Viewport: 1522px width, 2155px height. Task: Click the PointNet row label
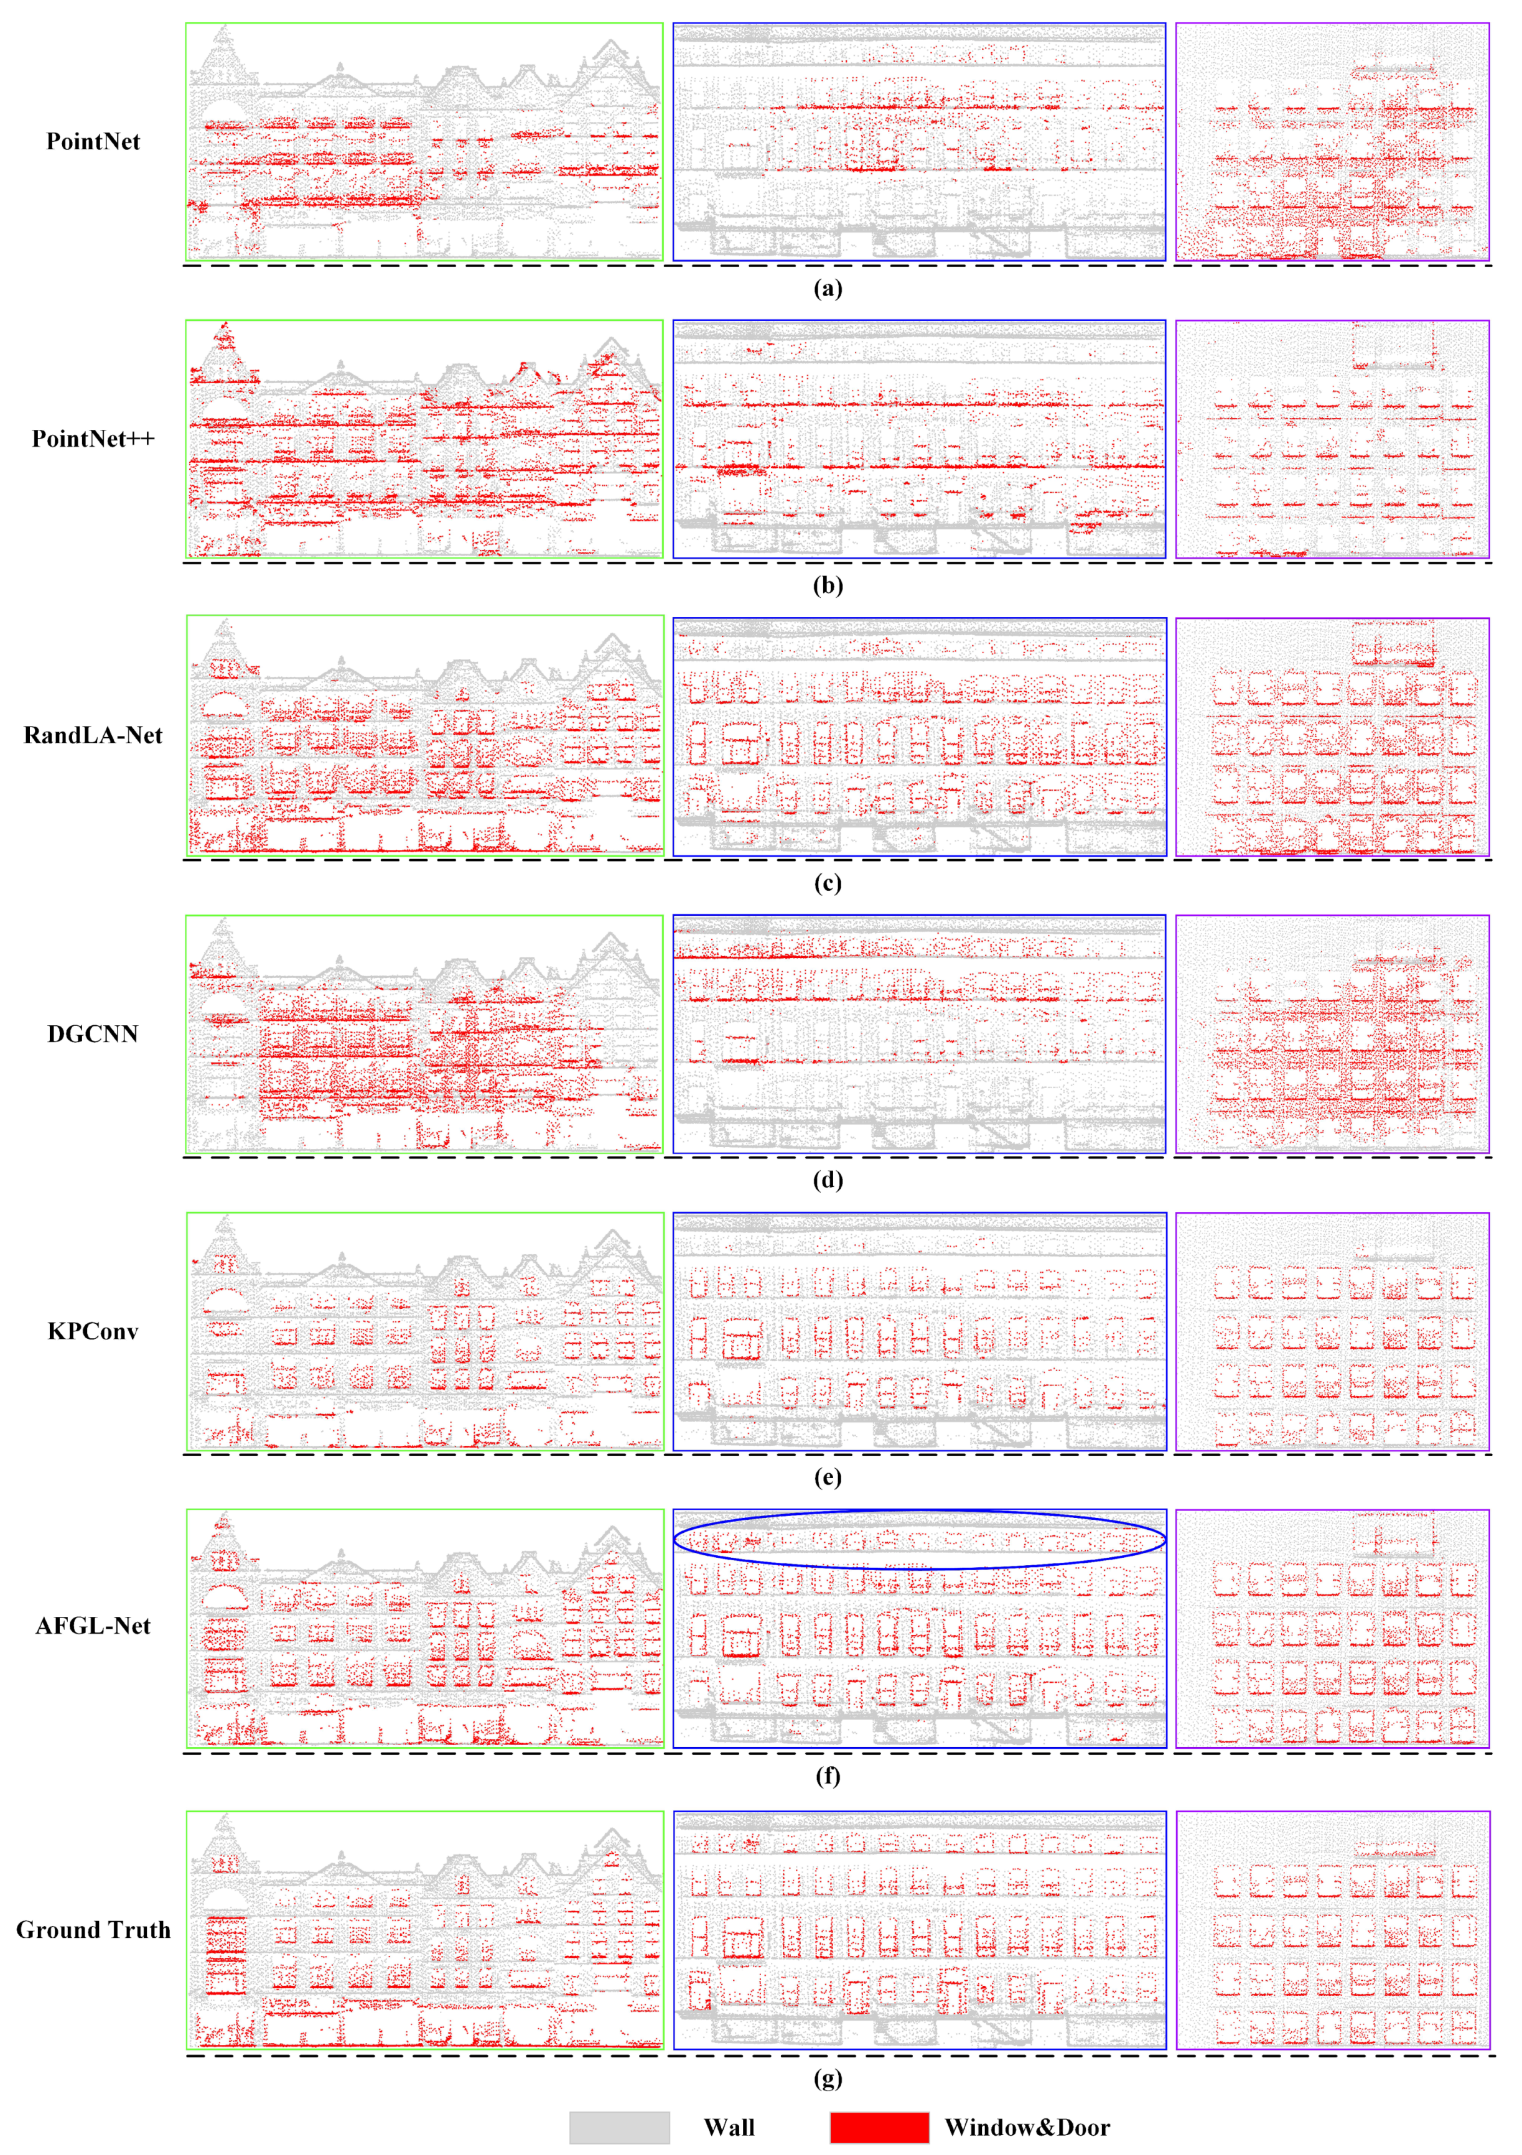93,142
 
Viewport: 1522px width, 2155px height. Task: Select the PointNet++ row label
93,439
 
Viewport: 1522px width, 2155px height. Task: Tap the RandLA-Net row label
93,735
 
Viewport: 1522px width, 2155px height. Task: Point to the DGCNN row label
93,1033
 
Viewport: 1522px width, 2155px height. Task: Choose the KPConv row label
93,1331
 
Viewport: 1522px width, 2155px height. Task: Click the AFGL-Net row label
93,1627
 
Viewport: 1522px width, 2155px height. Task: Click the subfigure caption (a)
827,288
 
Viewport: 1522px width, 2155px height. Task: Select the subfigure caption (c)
827,883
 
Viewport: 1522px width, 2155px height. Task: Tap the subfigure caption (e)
827,1478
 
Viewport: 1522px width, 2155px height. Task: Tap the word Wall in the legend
729,2128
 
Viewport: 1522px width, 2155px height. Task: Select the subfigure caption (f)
827,1776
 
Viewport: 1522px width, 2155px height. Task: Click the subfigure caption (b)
827,585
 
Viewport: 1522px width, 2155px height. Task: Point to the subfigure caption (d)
827,1180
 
